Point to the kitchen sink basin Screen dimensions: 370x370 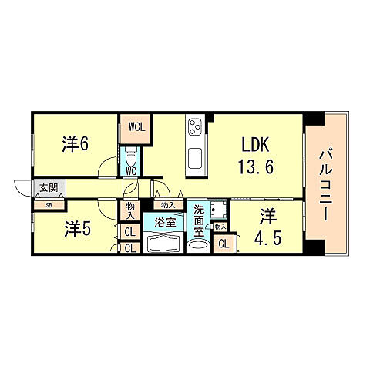point(195,160)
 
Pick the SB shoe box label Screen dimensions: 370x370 point(48,205)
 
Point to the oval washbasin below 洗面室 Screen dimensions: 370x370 point(198,246)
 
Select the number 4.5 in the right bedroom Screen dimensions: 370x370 point(268,237)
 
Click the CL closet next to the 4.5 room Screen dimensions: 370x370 point(224,244)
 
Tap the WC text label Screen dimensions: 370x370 point(131,171)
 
